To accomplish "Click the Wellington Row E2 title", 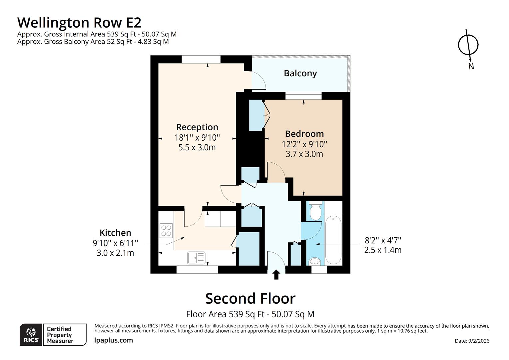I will (79, 23).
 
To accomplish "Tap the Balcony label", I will (300, 73).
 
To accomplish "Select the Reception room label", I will (197, 127).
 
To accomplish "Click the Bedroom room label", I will (304, 134).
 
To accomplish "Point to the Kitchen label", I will (115, 233).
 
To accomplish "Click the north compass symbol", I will (468, 45).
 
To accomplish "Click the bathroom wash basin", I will (315, 262).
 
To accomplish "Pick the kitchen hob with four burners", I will (166, 230).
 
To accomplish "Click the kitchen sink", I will (196, 258).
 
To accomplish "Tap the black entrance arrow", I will (276, 275).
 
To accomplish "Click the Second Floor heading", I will (250, 298).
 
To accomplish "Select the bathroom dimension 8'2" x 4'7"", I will (383, 240).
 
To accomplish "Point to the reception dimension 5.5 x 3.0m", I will (197, 147).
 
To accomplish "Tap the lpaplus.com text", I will (114, 340).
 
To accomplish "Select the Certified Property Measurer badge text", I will (60, 335).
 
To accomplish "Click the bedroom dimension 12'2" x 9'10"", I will (304, 144).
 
